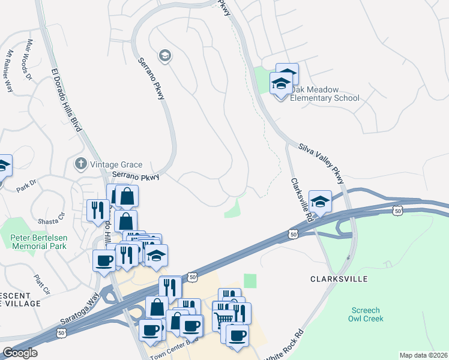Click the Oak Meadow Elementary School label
point(325,94)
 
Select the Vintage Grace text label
point(117,164)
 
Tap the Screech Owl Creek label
point(364,314)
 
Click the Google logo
point(20,353)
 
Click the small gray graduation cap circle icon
point(164,56)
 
